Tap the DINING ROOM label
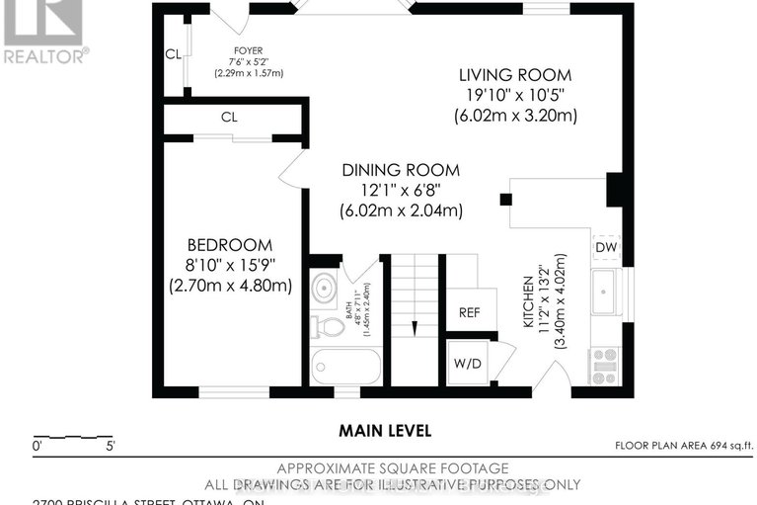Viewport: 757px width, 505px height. pyautogui.click(x=401, y=171)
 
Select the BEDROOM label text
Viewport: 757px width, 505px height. pyautogui.click(x=230, y=245)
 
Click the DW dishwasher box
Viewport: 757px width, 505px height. pyautogui.click(x=604, y=247)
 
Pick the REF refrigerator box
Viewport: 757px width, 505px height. pyautogui.click(x=469, y=312)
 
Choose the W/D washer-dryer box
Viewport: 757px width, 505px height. pyautogui.click(x=467, y=361)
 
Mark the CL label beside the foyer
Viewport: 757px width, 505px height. pyautogui.click(x=173, y=54)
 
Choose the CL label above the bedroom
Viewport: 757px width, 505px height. pyautogui.click(x=229, y=118)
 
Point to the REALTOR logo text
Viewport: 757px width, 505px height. pyautogui.click(x=45, y=55)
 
